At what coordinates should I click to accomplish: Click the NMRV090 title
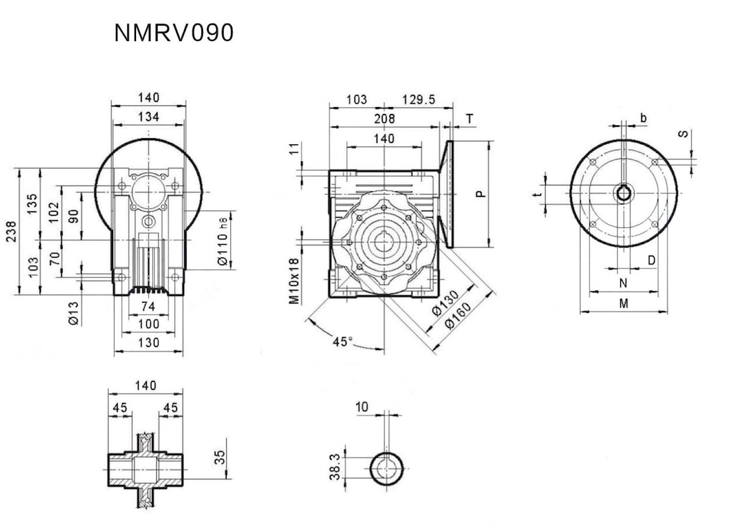pyautogui.click(x=174, y=33)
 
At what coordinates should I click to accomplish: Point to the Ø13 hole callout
pyautogui.click(x=75, y=312)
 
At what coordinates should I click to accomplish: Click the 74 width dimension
pyautogui.click(x=148, y=307)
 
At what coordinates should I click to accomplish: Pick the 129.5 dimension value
pyautogui.click(x=418, y=100)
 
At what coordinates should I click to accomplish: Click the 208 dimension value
pyautogui.click(x=384, y=119)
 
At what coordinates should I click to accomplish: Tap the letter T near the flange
pyautogui.click(x=470, y=119)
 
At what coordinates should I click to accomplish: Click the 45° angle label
pyautogui.click(x=343, y=341)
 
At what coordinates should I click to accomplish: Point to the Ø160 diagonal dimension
pyautogui.click(x=458, y=317)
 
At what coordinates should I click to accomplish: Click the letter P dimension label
pyautogui.click(x=480, y=194)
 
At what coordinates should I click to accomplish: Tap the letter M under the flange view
pyautogui.click(x=624, y=304)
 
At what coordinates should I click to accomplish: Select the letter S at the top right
pyautogui.click(x=683, y=134)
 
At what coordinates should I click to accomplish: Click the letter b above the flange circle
pyautogui.click(x=644, y=119)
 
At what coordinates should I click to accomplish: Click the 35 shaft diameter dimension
pyautogui.click(x=220, y=459)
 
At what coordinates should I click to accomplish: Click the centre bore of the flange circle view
pyautogui.click(x=624, y=194)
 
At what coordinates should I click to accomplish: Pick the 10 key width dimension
pyautogui.click(x=362, y=407)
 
